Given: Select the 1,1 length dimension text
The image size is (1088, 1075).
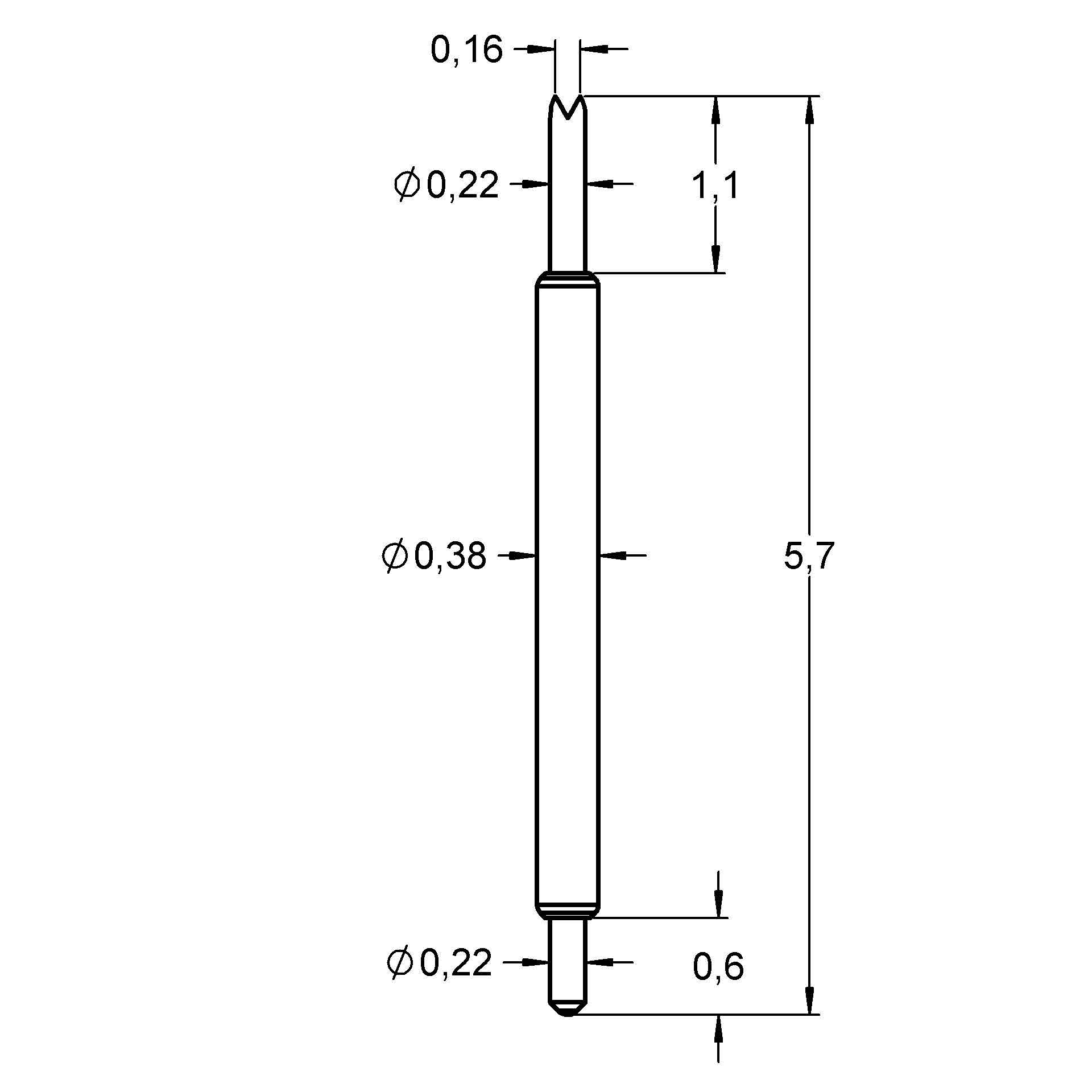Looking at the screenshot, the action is (x=715, y=187).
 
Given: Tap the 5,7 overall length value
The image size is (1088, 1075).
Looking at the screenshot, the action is (x=808, y=556).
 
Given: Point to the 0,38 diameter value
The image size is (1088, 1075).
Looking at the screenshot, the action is (x=450, y=556).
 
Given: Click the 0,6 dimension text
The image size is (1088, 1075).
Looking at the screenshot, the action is (x=718, y=967).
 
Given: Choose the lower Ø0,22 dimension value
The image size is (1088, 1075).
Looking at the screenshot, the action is (x=439, y=963).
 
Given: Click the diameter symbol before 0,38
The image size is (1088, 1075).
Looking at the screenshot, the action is (x=395, y=556).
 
